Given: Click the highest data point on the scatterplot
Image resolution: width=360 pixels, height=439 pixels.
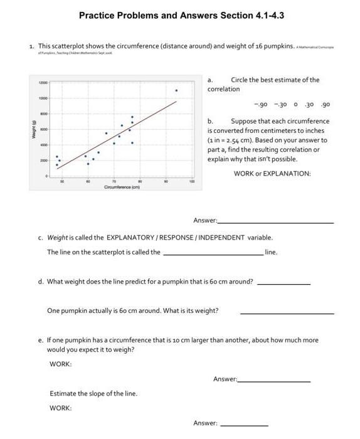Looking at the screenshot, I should tap(176, 90).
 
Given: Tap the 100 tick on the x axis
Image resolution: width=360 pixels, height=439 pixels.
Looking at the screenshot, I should tap(193, 181).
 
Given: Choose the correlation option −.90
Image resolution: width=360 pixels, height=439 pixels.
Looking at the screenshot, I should tap(261, 105).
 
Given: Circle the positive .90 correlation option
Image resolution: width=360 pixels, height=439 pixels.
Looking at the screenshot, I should tap(325, 105).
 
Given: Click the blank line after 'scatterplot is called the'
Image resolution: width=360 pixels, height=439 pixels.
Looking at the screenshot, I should tap(213, 254).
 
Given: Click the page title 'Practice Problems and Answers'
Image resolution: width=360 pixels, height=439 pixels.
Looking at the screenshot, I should tap(146, 14).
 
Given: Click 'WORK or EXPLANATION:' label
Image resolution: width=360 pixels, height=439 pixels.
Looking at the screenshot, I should tap(272, 174).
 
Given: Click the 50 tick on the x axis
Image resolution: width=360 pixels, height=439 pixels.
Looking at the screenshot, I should tap(61, 181).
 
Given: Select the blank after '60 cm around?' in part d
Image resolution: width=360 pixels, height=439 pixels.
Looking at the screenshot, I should tap(283, 284).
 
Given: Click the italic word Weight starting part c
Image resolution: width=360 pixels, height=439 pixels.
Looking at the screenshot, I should tap(58, 238).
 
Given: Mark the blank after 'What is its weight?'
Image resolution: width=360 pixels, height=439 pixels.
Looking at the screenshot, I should tap(287, 313).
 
